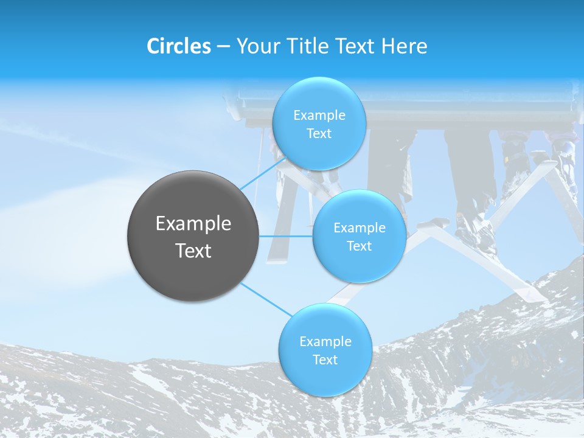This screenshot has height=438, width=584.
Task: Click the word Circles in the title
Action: (x=178, y=46)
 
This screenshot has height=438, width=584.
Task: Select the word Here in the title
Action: (x=404, y=46)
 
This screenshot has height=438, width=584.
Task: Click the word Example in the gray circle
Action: (x=193, y=224)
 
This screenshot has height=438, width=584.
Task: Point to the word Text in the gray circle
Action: (x=193, y=251)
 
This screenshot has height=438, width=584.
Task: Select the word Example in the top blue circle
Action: (x=319, y=116)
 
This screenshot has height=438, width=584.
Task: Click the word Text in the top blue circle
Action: (x=319, y=134)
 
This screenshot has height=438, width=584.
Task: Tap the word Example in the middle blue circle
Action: (x=359, y=228)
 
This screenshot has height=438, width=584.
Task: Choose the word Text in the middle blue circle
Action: (x=359, y=246)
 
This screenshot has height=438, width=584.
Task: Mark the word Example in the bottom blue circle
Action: (x=325, y=342)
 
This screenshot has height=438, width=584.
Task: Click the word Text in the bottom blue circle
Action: (x=325, y=360)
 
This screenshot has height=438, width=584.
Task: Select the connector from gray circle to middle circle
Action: (x=286, y=236)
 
